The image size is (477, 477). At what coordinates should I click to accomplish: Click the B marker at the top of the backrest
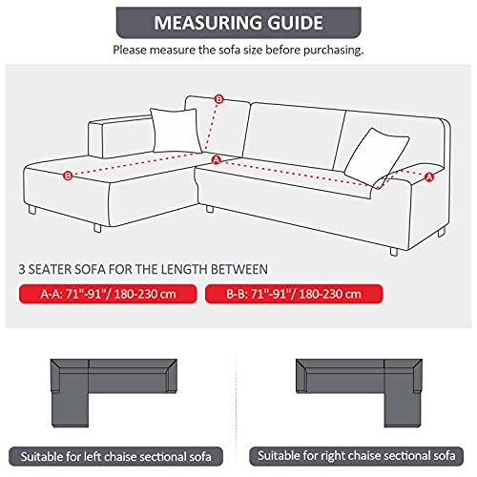coord(219,98)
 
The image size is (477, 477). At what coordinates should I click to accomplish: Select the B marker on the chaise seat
coord(67,176)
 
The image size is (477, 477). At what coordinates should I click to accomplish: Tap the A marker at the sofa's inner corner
coord(216,159)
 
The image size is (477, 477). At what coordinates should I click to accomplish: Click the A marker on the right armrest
coord(428,176)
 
